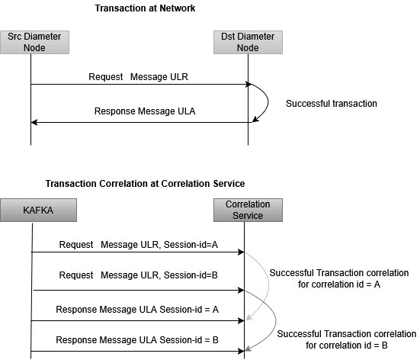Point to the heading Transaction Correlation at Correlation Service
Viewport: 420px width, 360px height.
pyautogui.click(x=145, y=184)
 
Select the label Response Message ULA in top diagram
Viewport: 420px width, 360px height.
pyautogui.click(x=145, y=111)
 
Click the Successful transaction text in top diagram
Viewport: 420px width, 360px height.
pyautogui.click(x=332, y=103)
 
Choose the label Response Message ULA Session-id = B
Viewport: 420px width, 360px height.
pyautogui.click(x=138, y=339)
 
